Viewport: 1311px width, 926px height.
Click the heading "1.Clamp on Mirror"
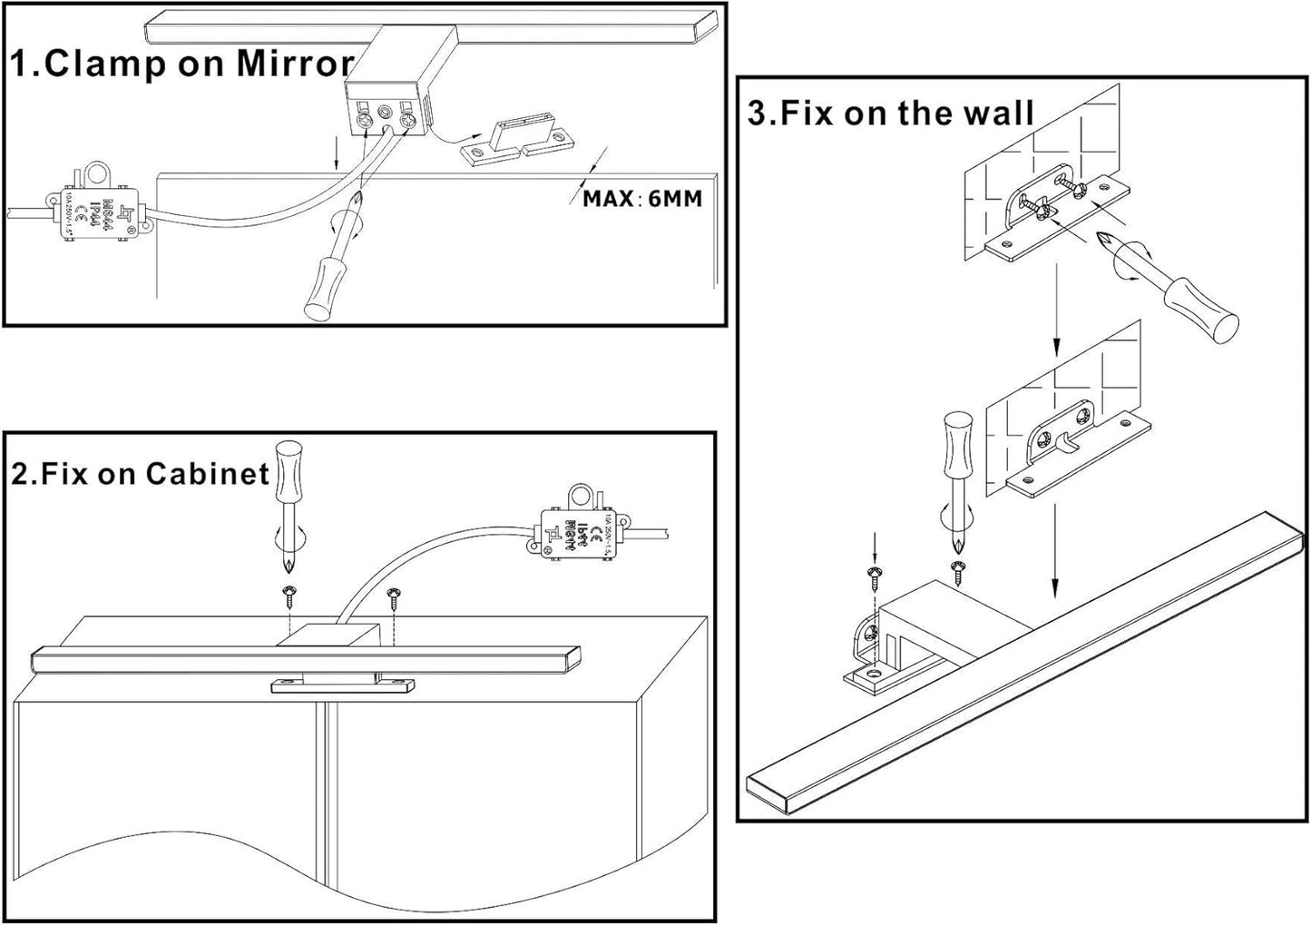(181, 64)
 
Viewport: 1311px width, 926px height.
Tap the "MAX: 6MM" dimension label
(642, 198)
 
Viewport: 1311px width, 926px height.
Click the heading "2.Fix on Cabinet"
(141, 473)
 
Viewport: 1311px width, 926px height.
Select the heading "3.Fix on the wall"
(890, 113)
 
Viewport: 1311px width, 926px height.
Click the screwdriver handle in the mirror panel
(322, 289)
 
